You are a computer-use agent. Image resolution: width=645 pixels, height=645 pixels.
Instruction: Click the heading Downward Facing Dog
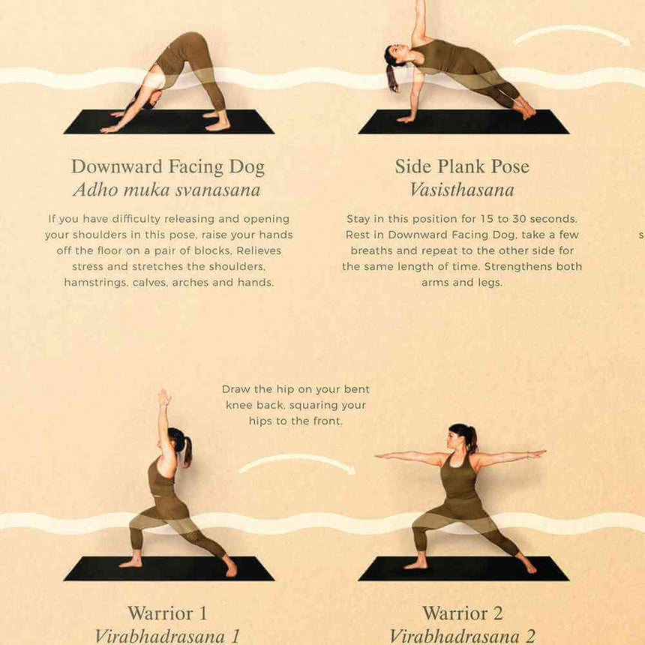click(167, 166)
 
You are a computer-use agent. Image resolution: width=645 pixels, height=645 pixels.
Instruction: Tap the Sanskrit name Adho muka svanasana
click(166, 190)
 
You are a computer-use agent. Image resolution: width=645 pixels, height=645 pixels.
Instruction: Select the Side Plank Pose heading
click(462, 166)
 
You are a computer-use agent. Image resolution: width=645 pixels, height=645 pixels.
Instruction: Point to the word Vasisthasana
click(462, 190)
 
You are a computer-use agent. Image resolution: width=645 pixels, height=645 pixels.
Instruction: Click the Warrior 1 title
click(167, 613)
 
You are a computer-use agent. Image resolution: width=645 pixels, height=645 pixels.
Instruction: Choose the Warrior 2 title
click(462, 613)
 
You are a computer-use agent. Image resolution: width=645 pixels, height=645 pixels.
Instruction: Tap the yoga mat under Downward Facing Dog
click(169, 122)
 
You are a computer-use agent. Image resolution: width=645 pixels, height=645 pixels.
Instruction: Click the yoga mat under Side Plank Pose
click(463, 122)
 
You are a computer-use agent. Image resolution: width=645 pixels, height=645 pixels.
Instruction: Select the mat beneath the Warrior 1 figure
click(169, 568)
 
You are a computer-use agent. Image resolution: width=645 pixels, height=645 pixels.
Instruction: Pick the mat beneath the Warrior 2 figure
click(463, 568)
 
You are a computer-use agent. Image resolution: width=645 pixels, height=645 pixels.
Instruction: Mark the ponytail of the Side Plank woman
click(392, 77)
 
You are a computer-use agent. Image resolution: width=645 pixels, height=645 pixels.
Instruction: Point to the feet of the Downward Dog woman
click(217, 124)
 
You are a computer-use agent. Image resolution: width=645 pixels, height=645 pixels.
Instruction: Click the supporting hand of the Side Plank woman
click(406, 118)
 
